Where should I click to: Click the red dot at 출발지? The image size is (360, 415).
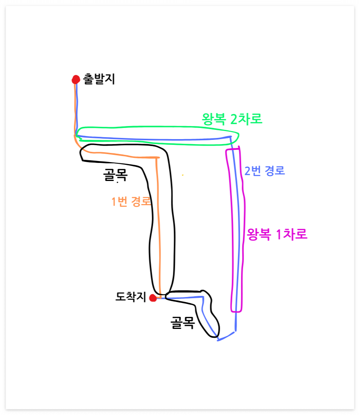click(x=76, y=80)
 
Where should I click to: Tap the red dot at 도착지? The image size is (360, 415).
click(x=153, y=298)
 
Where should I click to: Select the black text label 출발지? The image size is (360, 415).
click(x=99, y=80)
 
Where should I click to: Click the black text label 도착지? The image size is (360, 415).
click(x=131, y=297)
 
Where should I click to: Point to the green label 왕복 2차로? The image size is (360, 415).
click(x=232, y=119)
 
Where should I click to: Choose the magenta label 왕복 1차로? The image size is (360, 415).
click(x=277, y=234)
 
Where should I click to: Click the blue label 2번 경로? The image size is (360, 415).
click(x=265, y=171)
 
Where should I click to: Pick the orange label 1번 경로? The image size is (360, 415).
click(x=131, y=202)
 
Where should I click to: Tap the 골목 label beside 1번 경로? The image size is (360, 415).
click(x=115, y=176)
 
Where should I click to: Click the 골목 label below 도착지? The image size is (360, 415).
click(x=182, y=323)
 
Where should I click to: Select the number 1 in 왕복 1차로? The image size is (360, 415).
click(x=280, y=234)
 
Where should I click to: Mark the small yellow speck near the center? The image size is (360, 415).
click(x=182, y=175)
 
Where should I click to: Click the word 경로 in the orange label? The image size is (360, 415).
click(x=140, y=202)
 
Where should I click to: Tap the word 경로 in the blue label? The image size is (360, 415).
click(x=274, y=171)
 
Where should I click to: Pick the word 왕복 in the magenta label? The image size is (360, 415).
click(x=259, y=234)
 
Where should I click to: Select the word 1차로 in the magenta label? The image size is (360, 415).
click(x=292, y=234)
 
